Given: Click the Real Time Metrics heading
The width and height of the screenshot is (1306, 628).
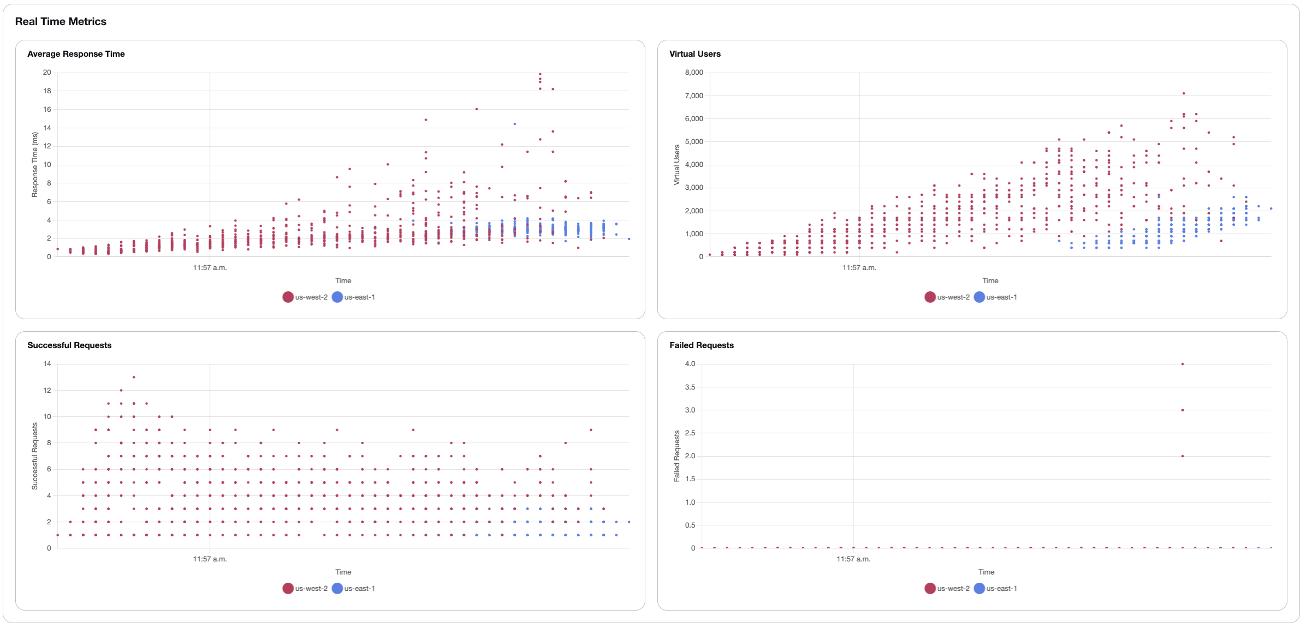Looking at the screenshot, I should point(61,21).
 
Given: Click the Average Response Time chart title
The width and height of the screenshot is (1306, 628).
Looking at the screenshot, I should point(76,53).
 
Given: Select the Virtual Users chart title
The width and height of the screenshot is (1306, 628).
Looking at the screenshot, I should point(694,53).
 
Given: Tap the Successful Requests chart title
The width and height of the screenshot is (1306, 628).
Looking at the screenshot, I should point(69,345).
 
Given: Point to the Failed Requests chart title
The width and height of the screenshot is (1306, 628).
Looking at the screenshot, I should point(701,345).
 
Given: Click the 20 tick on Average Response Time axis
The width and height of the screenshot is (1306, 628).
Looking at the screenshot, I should point(47,72).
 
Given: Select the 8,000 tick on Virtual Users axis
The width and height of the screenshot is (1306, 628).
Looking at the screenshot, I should point(693,72).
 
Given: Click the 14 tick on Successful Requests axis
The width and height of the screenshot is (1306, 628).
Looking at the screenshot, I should point(47,363).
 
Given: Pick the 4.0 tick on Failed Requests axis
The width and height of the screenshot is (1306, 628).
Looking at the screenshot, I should point(690,363).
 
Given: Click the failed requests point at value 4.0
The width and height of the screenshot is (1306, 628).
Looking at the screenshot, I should point(1182,364).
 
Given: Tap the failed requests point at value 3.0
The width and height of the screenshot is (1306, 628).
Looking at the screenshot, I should point(1182,410).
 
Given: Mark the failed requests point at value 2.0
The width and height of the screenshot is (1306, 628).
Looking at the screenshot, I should point(1182,456).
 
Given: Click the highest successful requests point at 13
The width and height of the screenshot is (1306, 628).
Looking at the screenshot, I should point(134,377).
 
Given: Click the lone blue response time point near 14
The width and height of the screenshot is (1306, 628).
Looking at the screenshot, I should point(514,124).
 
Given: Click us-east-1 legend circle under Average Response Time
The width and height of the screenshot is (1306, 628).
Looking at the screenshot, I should point(337,297).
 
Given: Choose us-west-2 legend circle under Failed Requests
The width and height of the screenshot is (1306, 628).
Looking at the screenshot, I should point(930,588).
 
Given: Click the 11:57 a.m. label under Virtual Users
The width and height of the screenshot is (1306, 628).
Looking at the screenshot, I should point(859,267).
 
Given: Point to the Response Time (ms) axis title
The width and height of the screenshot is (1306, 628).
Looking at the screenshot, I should point(34,164).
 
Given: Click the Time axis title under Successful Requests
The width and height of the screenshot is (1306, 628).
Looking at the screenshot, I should point(343,572).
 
